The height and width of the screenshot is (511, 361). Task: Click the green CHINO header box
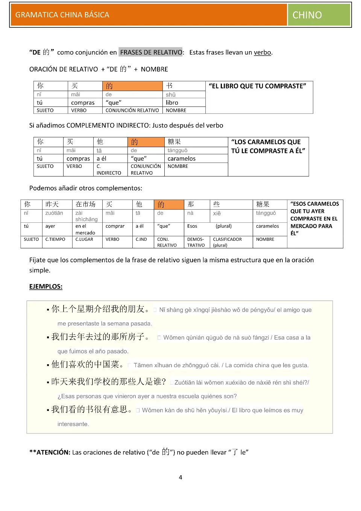(x=319, y=15)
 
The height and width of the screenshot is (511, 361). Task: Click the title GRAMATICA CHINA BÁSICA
(x=62, y=15)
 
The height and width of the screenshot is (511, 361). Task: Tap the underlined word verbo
(x=262, y=52)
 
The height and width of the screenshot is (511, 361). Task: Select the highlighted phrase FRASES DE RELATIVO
(x=151, y=52)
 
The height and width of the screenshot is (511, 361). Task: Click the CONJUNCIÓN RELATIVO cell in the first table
(x=132, y=110)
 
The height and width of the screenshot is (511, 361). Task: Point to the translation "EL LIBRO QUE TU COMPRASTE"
(x=258, y=86)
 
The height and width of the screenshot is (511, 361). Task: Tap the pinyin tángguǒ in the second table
(x=177, y=151)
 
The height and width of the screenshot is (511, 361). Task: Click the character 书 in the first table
(x=170, y=86)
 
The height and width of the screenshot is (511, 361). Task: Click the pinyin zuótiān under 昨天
(x=54, y=213)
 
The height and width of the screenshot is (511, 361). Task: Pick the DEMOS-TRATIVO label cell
(x=196, y=242)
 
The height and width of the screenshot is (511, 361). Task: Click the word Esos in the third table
(x=192, y=226)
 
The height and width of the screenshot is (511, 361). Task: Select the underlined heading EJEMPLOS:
(x=46, y=286)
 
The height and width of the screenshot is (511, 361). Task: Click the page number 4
(x=180, y=477)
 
